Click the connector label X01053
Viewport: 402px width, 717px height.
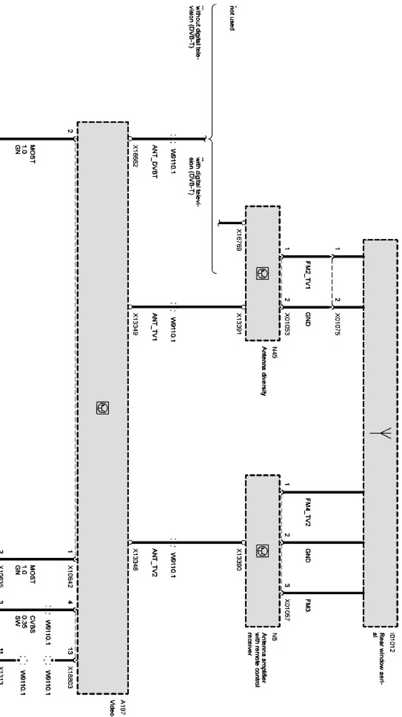pos(288,325)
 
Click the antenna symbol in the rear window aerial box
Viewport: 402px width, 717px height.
pos(382,433)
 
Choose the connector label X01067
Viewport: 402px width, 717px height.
pos(288,610)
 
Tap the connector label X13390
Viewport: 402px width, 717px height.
pos(239,560)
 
